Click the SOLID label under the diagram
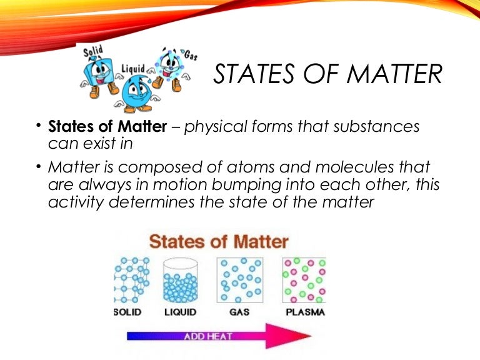127,311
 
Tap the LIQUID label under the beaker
179,311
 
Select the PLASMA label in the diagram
304,311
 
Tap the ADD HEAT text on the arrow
208,336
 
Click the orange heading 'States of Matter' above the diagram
218,241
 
